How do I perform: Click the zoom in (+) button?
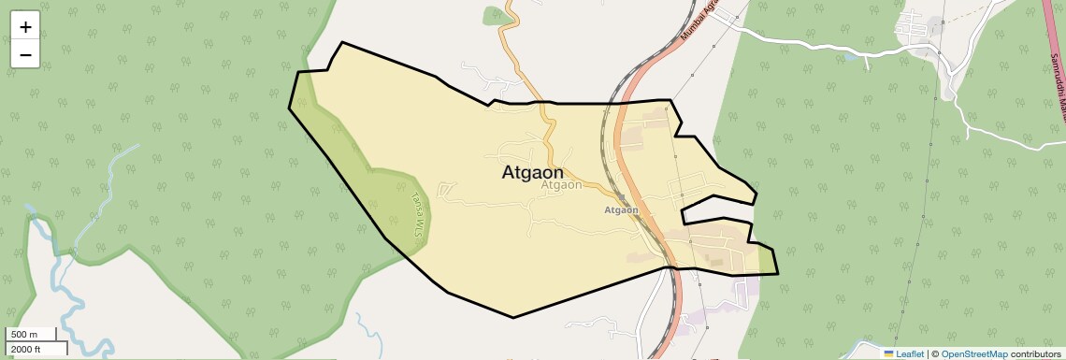[25, 27]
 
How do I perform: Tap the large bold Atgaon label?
[533, 173]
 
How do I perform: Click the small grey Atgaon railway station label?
[621, 210]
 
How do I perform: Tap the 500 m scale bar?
[32, 335]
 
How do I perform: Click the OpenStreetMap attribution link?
[974, 354]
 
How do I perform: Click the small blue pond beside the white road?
[849, 57]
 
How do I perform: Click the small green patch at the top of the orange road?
[493, 15]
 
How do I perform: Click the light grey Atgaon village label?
[561, 185]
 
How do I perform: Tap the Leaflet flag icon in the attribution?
[889, 354]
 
